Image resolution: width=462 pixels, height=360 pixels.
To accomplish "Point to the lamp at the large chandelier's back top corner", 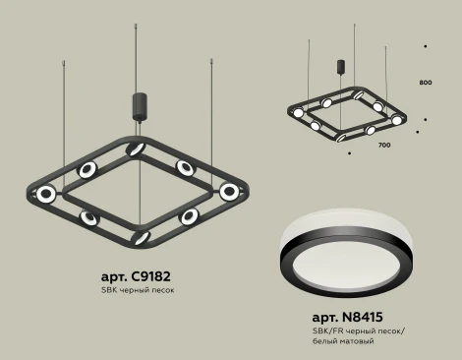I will coord(140,146).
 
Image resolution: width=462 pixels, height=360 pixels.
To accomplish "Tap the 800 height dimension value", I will coord(425,82).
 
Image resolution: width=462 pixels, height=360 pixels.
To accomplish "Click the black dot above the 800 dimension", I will coord(425,45).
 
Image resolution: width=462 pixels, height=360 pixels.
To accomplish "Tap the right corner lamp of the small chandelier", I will coord(397,119).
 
